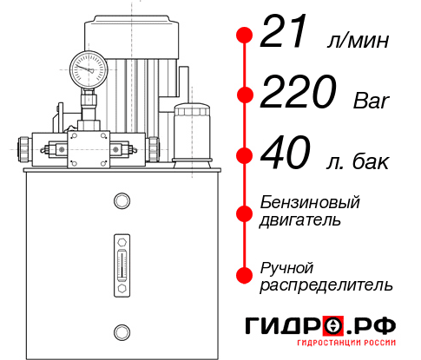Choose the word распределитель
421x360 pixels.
pos(326,285)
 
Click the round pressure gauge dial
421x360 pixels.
pos(89,69)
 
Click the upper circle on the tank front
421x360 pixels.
pos(122,202)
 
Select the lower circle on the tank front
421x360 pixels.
pos(122,330)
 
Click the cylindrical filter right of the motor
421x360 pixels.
pos(191,130)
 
